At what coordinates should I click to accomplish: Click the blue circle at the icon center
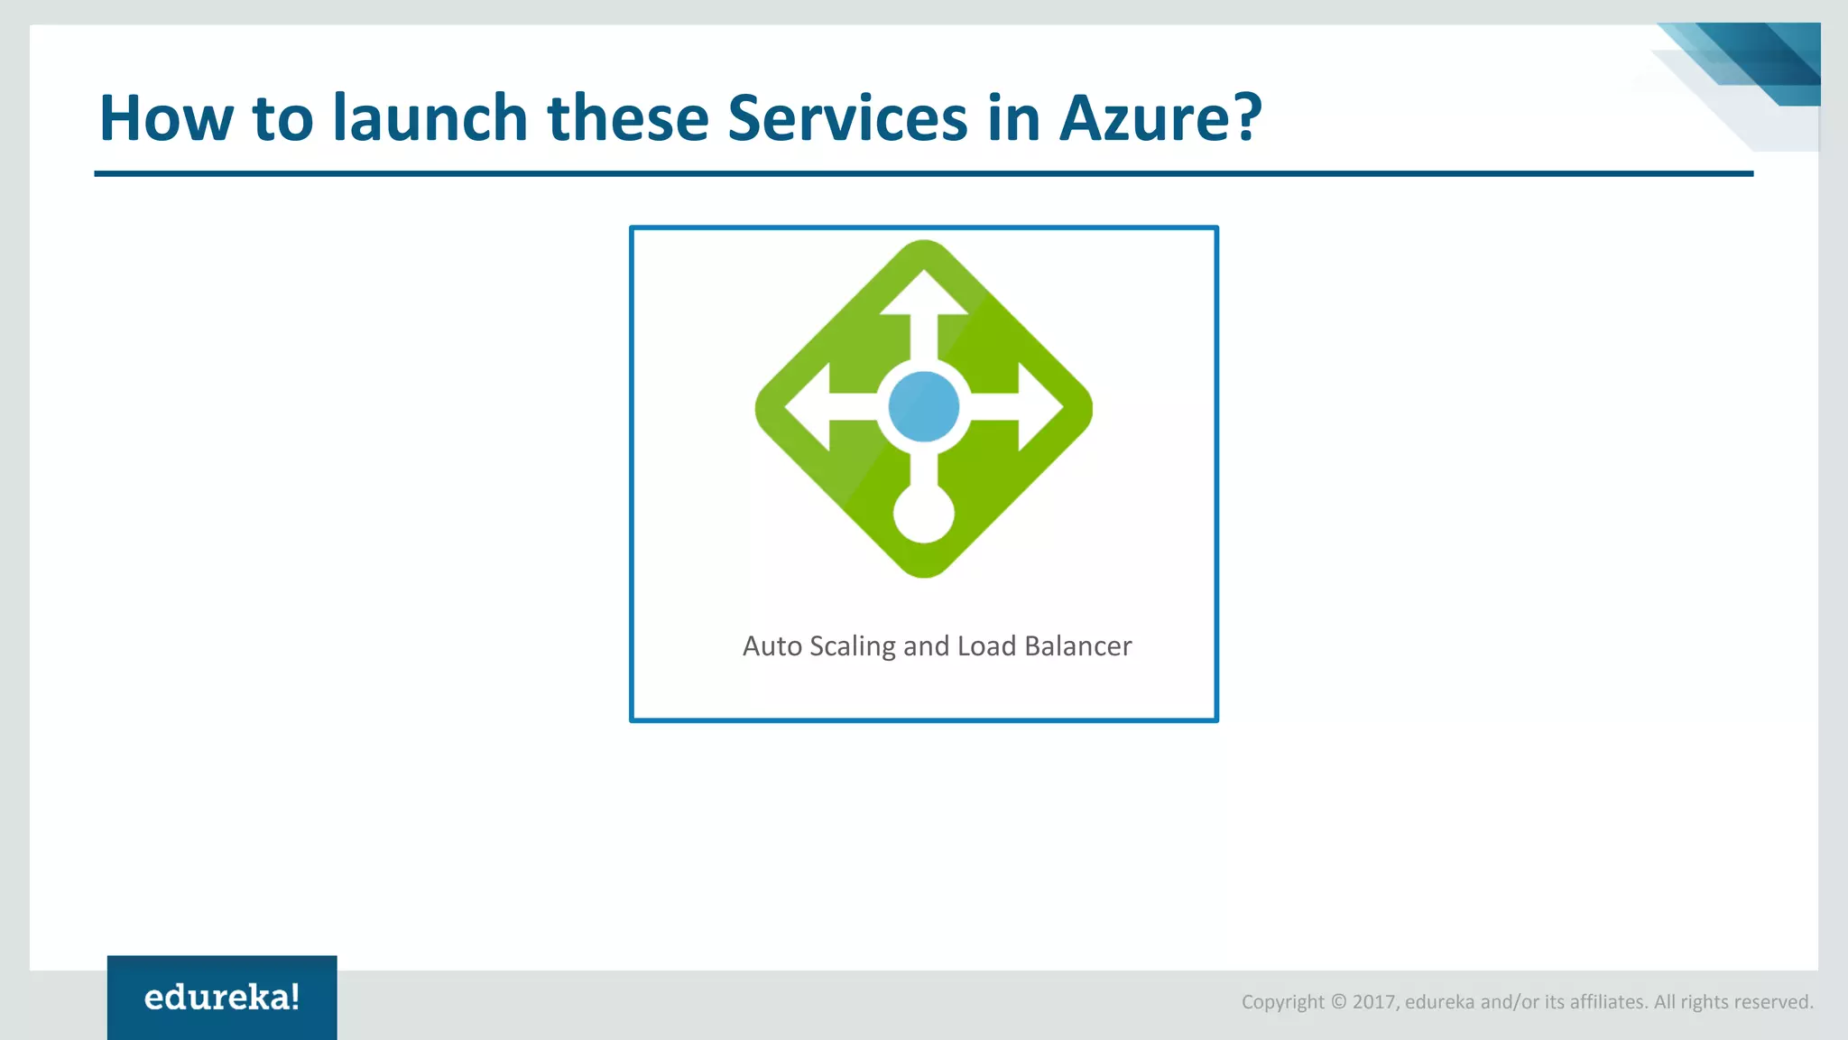click(x=923, y=407)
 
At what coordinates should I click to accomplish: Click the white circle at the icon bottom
click(x=923, y=514)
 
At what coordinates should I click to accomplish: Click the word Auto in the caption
click(x=772, y=646)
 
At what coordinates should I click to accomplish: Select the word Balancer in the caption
click(x=1077, y=646)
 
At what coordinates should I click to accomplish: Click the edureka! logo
click(x=222, y=998)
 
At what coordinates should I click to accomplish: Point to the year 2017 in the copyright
click(x=1374, y=1002)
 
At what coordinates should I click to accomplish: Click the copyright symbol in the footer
click(x=1338, y=1002)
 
